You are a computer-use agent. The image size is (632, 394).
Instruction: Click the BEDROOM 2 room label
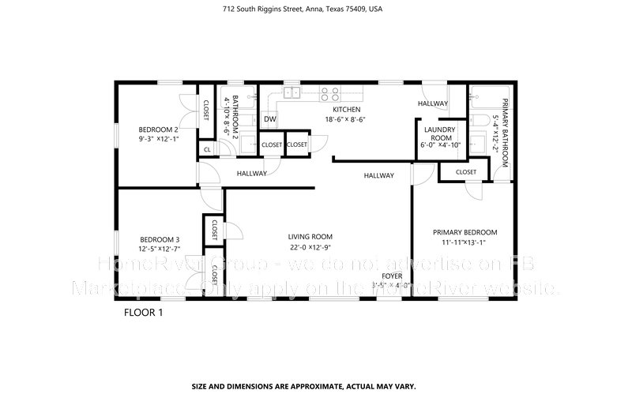coord(159,129)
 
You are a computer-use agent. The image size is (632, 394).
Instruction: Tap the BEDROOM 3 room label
coord(160,240)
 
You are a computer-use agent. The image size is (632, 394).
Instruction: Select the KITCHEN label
coord(346,110)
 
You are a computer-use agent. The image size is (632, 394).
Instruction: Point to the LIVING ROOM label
coord(310,236)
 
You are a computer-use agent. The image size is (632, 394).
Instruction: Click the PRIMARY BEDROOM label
coord(465,232)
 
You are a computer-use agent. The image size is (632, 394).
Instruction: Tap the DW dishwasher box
coord(270,119)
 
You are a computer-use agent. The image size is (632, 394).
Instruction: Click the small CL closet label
coord(207,149)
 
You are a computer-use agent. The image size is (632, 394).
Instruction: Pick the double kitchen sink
coord(290,94)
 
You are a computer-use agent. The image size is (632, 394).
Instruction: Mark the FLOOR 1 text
coord(143,312)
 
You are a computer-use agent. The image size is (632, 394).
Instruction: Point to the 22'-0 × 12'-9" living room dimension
coord(310,247)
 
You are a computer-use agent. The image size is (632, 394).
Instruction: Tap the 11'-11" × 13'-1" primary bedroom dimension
coord(465,243)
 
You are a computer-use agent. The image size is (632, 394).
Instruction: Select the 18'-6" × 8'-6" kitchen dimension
coord(346,120)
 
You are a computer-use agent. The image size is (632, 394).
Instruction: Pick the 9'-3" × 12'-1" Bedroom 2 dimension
coord(159,140)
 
